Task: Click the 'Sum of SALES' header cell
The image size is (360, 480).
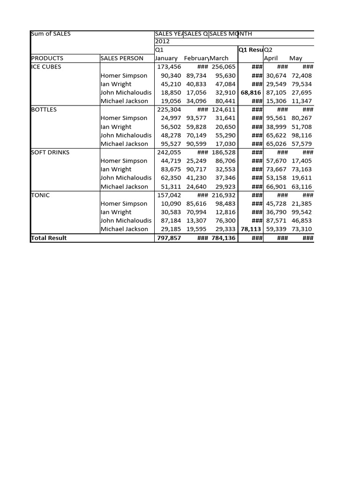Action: click(51, 34)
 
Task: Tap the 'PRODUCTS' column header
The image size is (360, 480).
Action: click(47, 58)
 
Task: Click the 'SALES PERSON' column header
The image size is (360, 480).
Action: click(122, 58)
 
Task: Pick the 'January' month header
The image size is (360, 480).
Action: click(166, 58)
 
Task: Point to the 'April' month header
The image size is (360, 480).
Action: click(271, 58)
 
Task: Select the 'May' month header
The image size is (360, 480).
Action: click(296, 58)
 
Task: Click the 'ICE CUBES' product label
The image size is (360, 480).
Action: click(46, 67)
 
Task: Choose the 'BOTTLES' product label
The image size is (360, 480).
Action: click(44, 109)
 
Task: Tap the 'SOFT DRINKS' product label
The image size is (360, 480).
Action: click(50, 152)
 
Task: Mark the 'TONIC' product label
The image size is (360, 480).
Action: click(40, 195)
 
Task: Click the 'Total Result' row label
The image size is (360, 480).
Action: click(49, 238)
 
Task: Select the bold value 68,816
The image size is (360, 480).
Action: click(251, 92)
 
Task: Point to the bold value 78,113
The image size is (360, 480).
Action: click(251, 229)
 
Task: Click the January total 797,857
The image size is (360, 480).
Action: click(168, 238)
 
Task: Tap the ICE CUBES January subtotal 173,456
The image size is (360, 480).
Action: click(168, 67)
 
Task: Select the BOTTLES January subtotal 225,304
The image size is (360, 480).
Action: click(168, 109)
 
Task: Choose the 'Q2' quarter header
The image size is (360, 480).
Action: click(269, 50)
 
